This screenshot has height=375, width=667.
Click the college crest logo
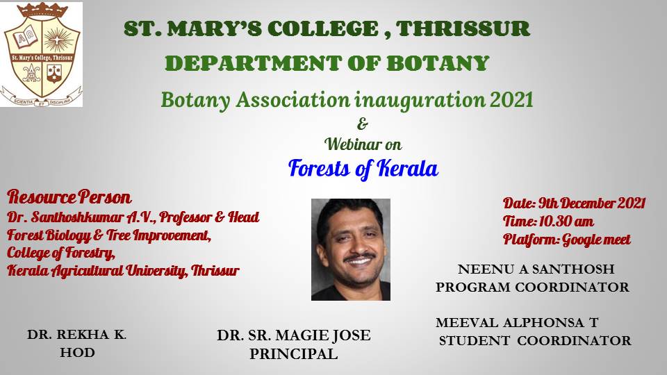coord(41,54)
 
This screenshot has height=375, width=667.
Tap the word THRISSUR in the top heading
coord(463,29)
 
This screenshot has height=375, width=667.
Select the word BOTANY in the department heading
coord(438,64)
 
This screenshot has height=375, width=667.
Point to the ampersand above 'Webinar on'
coord(363,124)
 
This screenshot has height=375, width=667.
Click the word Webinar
coord(352,144)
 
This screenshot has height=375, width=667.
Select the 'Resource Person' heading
coord(69,197)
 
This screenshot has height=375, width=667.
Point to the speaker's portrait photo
coord(350,249)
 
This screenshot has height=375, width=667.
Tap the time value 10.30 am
coord(566,222)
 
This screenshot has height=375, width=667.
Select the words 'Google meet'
coord(596,240)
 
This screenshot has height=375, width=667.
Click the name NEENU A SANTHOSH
coord(536,269)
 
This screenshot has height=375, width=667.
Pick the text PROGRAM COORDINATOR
coord(532,287)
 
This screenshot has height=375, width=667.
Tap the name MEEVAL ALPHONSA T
coord(517,323)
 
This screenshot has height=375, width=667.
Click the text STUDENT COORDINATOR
coord(535,340)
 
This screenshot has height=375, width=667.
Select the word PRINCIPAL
coord(293,353)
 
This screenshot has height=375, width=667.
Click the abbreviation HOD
coord(77,353)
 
